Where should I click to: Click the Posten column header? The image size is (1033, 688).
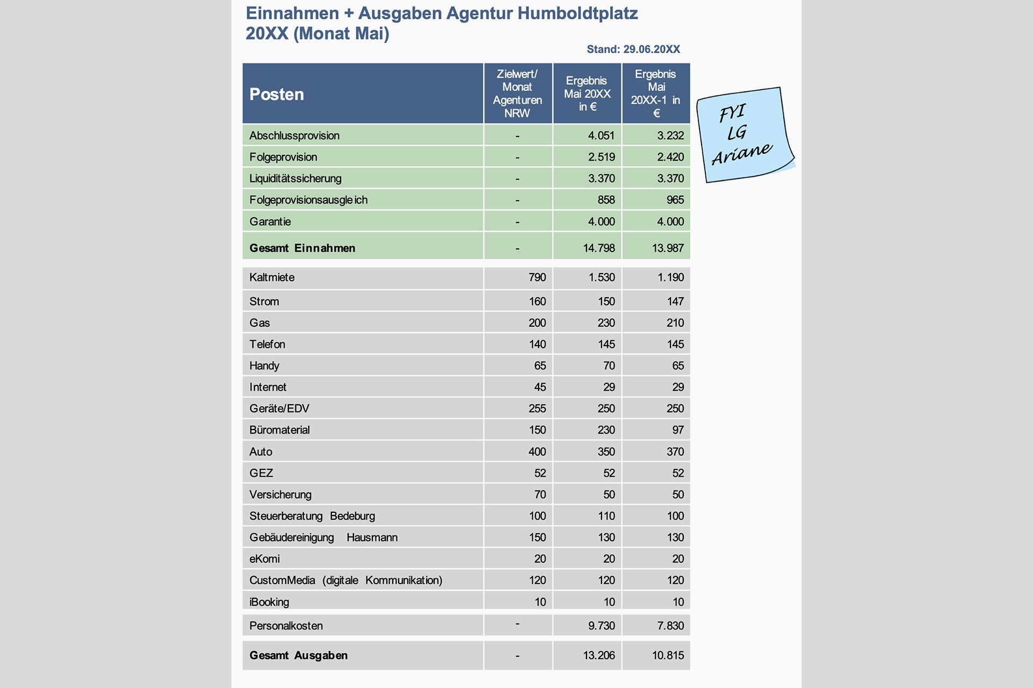pos(277,94)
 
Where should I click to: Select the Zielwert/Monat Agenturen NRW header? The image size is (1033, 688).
pos(517,94)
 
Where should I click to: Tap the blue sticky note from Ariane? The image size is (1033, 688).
pos(745,134)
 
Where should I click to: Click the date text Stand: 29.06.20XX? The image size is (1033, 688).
pos(633,49)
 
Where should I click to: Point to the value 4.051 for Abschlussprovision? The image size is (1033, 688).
pos(601,135)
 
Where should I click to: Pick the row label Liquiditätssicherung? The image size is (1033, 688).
pos(295,178)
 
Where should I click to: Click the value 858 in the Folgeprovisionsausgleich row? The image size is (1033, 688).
pos(606,200)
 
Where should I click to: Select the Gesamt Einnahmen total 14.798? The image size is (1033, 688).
pos(599,248)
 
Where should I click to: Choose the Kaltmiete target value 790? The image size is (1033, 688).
pos(537,277)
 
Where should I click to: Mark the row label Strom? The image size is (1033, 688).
pos(264,302)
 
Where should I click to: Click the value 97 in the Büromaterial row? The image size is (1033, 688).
pos(677,430)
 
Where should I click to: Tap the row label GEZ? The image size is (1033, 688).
pos(261,473)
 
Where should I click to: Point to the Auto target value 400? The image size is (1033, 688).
pos(537,451)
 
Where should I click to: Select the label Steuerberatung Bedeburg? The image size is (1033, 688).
pos(312,516)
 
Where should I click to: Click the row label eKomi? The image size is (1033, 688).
pos(265,559)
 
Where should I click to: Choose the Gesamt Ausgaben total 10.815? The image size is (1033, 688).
pos(668,655)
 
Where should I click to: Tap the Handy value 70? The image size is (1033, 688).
pos(609,365)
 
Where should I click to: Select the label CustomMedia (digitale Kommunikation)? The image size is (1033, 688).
pos(345,580)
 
